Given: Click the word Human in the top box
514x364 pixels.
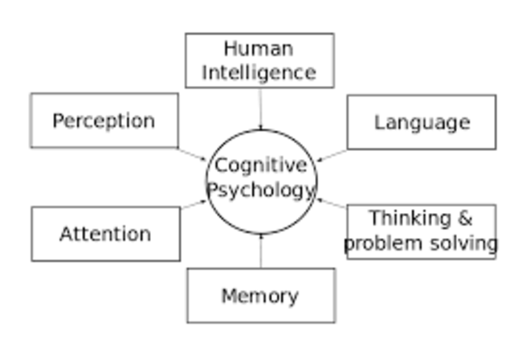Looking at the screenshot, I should pos(259,48).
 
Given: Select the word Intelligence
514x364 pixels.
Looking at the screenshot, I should pos(259,72).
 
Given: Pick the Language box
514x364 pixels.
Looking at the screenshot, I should pos(422,122).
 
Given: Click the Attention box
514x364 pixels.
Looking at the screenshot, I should pos(105,234).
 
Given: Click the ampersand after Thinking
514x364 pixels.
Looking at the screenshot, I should pos(464,219).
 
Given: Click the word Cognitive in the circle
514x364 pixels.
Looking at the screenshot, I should pos(260,166).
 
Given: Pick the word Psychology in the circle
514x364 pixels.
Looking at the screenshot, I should pos(261,190).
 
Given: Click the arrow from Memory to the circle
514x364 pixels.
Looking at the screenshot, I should pos(261,251).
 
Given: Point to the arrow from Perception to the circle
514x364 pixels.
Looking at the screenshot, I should pos(193,153).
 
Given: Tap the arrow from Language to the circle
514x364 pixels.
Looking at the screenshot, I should pos(332,155).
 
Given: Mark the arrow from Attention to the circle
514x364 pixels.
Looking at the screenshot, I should pos(194,204).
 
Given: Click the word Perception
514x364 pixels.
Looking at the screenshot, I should pos(104,121).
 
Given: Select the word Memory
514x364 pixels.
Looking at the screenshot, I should pos(260,296).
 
